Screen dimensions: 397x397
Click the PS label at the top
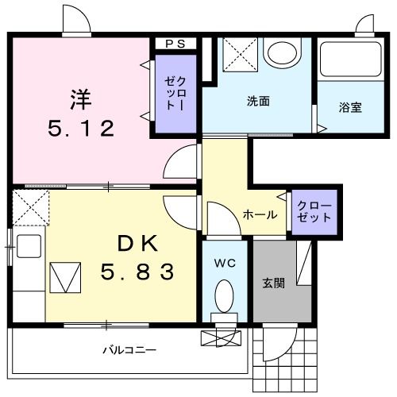pyautogui.click(x=175, y=44)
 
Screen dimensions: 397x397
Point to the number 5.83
pyautogui.click(x=137, y=272)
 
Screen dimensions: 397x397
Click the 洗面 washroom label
pyautogui.click(x=258, y=101)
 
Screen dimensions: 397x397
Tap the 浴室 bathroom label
pyautogui.click(x=351, y=106)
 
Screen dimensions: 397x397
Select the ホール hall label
pyautogui.click(x=260, y=214)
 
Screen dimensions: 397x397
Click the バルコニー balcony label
pyautogui.click(x=129, y=349)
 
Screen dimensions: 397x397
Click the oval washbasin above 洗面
pyautogui.click(x=283, y=54)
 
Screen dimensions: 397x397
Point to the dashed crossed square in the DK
pyautogui.click(x=30, y=209)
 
